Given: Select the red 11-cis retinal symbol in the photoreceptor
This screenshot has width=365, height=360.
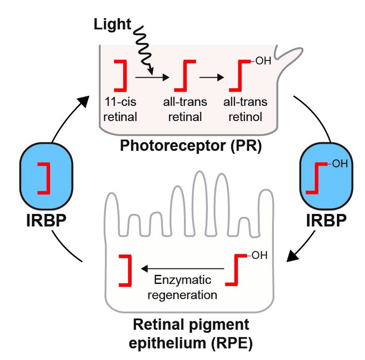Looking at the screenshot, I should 121,75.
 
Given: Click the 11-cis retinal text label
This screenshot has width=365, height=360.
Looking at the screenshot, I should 120,110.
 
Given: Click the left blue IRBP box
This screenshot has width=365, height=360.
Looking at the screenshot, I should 44,177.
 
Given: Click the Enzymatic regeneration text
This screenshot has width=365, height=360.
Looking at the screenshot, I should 182,288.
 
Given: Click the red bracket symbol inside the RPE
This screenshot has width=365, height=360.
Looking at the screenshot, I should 125,270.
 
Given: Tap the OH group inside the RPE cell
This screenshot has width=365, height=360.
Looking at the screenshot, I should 258,255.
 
